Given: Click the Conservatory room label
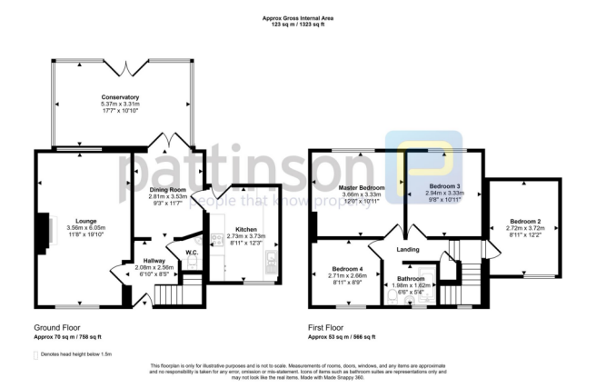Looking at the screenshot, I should pyautogui.click(x=120, y=97).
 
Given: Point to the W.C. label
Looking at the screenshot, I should pyautogui.click(x=192, y=252).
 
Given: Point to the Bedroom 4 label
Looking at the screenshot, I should pyautogui.click(x=349, y=270).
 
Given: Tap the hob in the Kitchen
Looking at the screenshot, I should pyautogui.click(x=272, y=264).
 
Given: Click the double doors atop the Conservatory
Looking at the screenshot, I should pyautogui.click(x=121, y=68).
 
